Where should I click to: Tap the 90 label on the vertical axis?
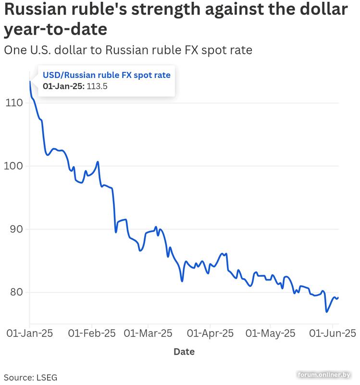tap(15, 229)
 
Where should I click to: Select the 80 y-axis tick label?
tap(15, 292)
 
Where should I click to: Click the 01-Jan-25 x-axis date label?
tap(29, 333)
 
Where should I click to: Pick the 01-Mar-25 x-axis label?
tap(148, 333)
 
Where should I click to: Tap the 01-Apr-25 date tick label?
tap(210, 333)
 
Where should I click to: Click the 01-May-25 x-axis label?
tap(271, 333)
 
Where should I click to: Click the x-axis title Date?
tap(184, 352)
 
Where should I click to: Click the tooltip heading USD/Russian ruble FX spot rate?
tap(107, 75)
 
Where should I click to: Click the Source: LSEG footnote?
tap(30, 377)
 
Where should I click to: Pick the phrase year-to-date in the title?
tap(55, 30)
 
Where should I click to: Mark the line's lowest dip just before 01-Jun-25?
tap(327, 312)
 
